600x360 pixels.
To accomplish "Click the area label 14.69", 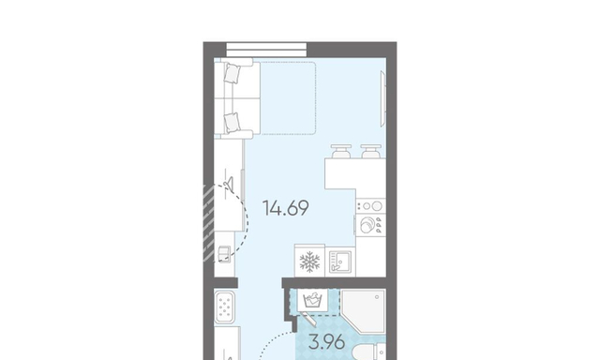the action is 286,208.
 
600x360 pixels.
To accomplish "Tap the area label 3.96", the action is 327,342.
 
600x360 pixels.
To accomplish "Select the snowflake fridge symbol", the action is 309,262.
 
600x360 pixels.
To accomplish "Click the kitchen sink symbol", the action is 339,262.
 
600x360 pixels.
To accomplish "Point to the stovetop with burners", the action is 370,206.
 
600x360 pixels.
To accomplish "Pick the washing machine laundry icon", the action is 312,300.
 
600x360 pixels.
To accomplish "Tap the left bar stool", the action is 341,151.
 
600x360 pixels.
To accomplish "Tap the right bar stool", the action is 371,151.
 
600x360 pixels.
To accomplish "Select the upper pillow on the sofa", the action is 232,73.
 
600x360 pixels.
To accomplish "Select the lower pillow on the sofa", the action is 232,123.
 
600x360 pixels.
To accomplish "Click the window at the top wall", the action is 266,50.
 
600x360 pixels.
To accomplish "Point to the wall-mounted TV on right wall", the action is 383,98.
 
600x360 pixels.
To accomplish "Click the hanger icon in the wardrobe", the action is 229,179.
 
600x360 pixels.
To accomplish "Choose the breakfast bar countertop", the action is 355,173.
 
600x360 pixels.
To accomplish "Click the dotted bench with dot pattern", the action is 225,307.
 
